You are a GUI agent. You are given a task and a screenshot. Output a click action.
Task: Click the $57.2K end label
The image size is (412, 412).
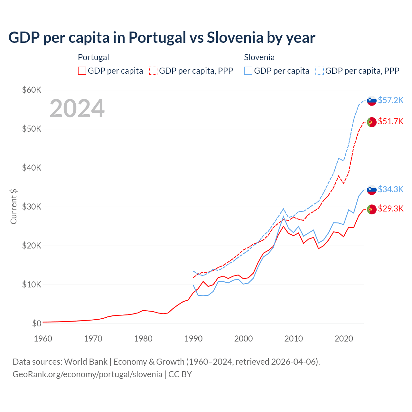pyautogui.click(x=390, y=100)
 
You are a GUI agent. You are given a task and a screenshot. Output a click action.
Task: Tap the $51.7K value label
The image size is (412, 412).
pyautogui.click(x=390, y=121)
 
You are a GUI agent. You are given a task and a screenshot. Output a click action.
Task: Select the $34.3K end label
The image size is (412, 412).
pyautogui.click(x=390, y=189)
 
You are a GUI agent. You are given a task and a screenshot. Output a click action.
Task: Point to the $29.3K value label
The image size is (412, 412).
pyautogui.click(x=390, y=209)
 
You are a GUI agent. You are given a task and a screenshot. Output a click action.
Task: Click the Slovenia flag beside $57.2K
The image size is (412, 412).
pyautogui.click(x=372, y=101)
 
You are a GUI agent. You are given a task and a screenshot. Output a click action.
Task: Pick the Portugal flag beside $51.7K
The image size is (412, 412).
pyautogui.click(x=372, y=122)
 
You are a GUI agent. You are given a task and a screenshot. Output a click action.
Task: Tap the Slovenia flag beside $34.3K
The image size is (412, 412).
pyautogui.click(x=372, y=190)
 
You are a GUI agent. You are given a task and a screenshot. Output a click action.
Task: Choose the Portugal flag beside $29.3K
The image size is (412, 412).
pyautogui.click(x=372, y=209)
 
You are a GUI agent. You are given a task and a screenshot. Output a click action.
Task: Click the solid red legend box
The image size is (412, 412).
pyautogui.click(x=82, y=71)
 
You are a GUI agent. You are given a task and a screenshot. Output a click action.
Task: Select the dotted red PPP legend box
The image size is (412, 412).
pyautogui.click(x=153, y=71)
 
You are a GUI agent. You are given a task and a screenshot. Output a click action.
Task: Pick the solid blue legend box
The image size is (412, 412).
pyautogui.click(x=248, y=71)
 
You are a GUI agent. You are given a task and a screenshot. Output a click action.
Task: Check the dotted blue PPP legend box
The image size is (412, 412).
pyautogui.click(x=320, y=71)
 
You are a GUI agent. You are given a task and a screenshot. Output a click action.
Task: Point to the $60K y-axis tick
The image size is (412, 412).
pyautogui.click(x=32, y=90)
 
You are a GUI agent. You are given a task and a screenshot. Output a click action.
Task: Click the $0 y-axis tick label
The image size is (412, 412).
pyautogui.click(x=37, y=323)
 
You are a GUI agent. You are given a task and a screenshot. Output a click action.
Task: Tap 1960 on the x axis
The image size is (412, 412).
pyautogui.click(x=43, y=339)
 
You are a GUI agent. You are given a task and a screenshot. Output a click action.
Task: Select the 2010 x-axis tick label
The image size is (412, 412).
pyautogui.click(x=294, y=339)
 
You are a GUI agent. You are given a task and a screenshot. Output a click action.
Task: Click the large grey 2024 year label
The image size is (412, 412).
pyautogui.click(x=77, y=108)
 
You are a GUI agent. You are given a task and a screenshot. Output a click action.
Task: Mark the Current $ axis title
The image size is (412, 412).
pyautogui.click(x=14, y=207)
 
